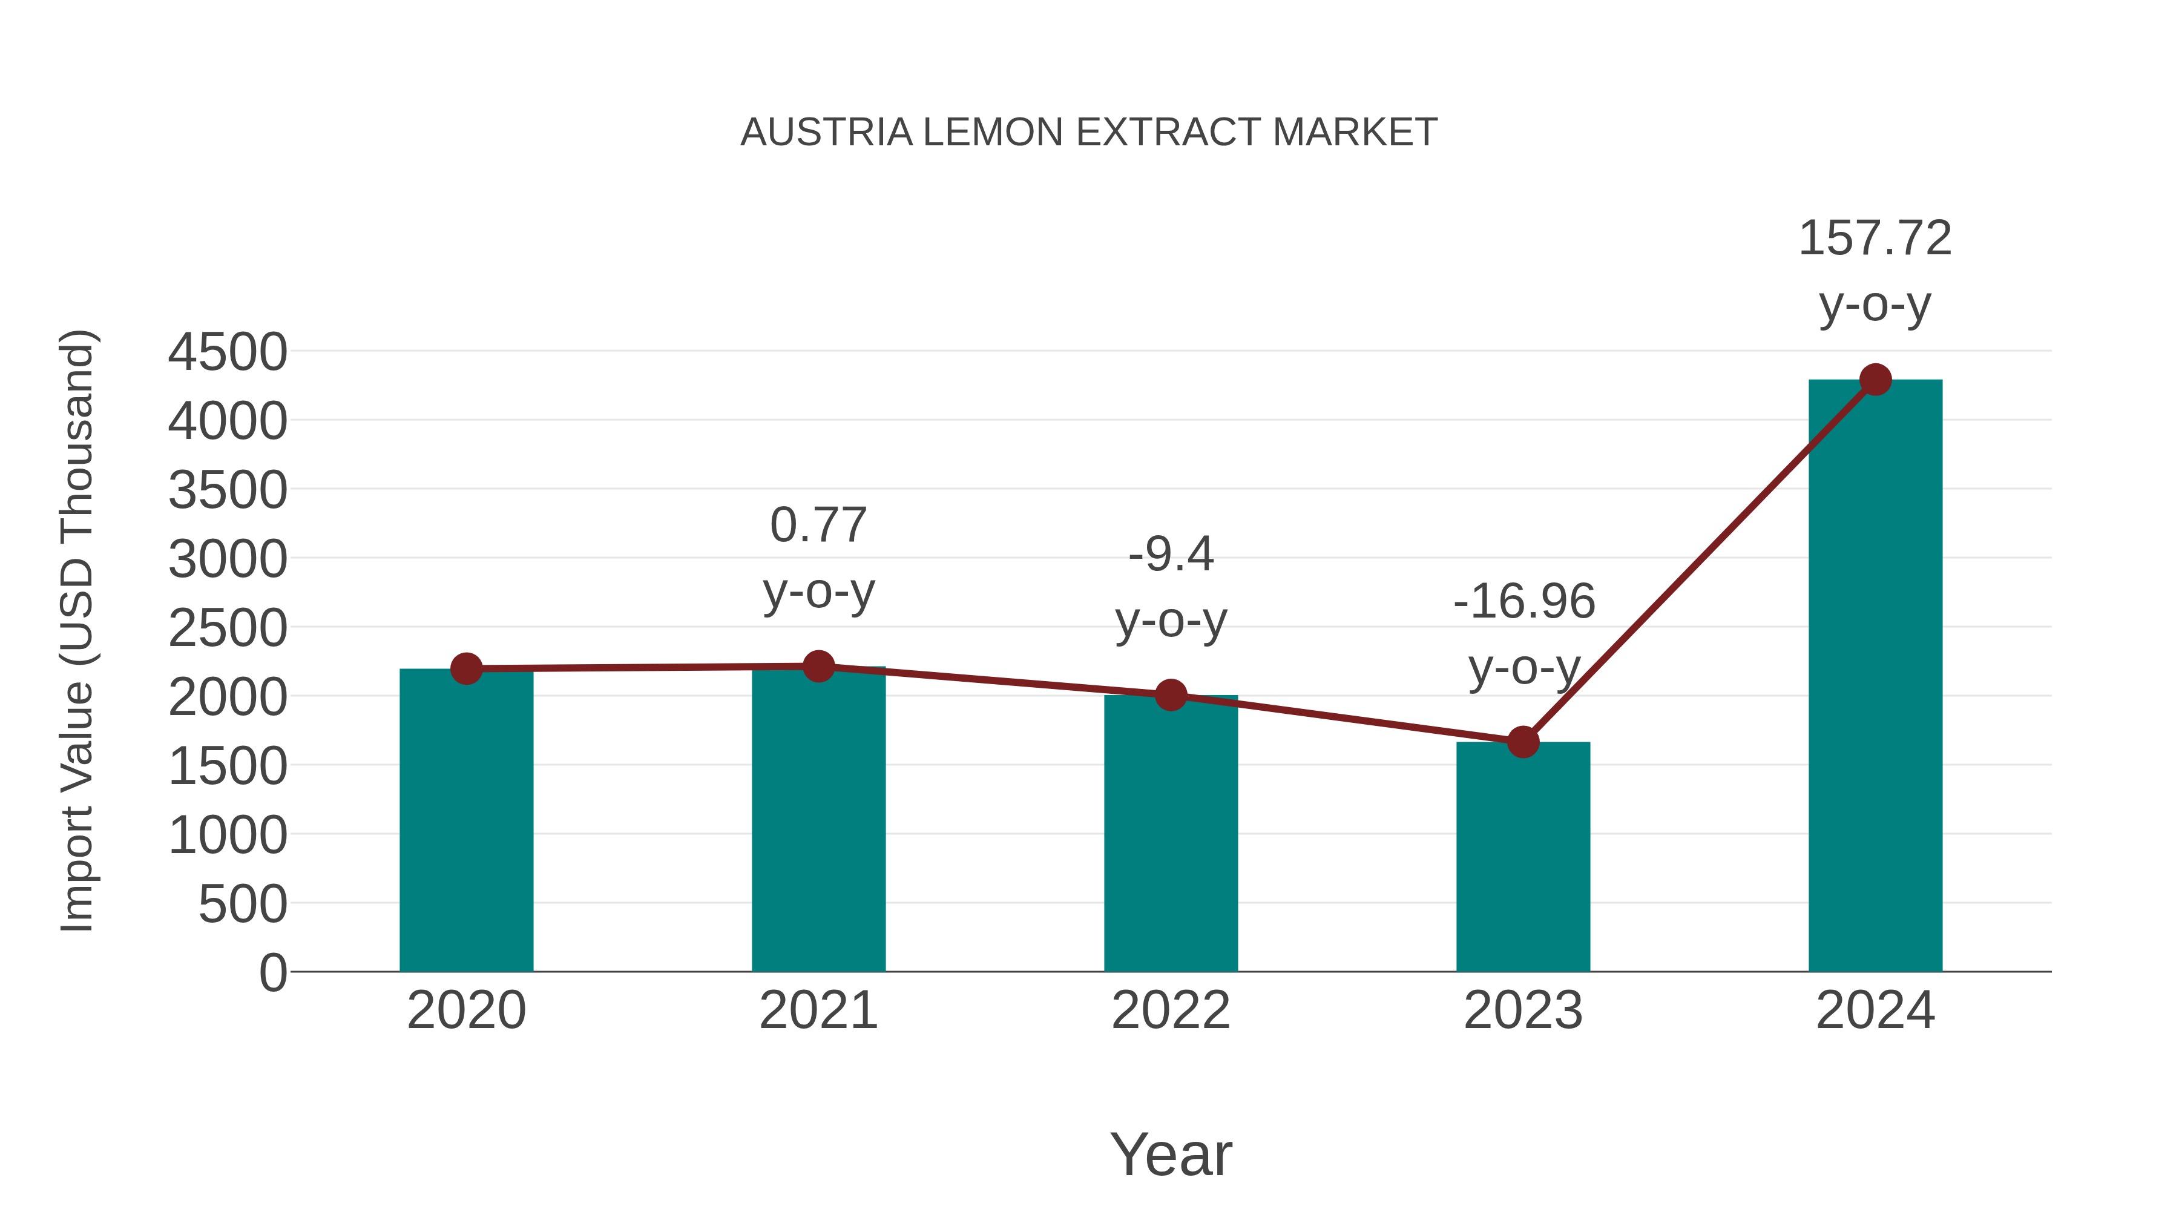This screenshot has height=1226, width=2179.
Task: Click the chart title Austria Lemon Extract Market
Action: click(1089, 132)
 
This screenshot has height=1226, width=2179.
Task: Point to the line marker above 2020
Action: click(466, 668)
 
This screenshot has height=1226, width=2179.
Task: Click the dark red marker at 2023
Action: click(1523, 742)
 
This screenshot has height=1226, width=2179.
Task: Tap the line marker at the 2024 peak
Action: click(1875, 380)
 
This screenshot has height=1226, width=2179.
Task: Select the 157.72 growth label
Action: click(1875, 238)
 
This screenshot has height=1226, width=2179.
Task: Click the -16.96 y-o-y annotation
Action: click(1524, 602)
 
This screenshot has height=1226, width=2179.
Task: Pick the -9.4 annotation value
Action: click(1171, 555)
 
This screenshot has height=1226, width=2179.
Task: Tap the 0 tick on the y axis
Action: click(272, 972)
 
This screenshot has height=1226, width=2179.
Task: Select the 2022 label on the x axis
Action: click(1171, 1010)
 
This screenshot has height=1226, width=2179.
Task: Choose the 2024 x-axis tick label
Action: click(1875, 1010)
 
